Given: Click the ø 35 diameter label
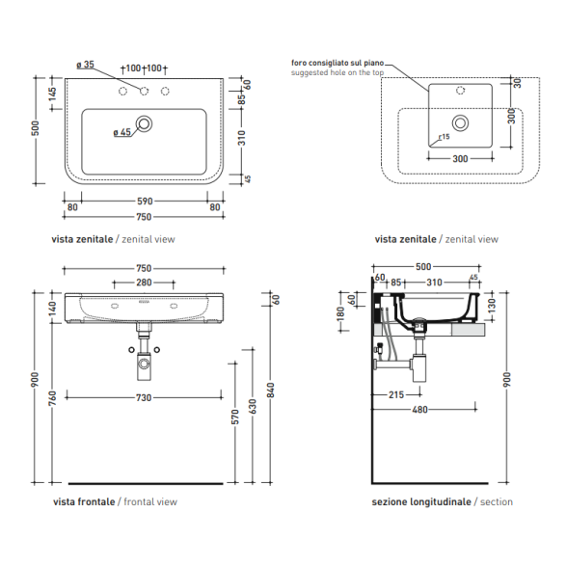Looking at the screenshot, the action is pos(85,65).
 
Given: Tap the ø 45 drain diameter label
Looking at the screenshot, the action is pos(122,132).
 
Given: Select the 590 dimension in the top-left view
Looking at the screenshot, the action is pos(145,201).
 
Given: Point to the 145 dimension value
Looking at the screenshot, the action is pos(53,94).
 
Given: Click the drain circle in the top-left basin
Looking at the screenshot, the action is pos(144,123).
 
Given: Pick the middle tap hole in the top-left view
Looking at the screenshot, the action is pos(144,91).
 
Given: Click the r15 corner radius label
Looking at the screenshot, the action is pos(444,137).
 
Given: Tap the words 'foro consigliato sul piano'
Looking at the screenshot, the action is pos(337,63).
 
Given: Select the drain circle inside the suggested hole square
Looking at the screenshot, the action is pos(460,123).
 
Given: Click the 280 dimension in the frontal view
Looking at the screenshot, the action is pos(144,283).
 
